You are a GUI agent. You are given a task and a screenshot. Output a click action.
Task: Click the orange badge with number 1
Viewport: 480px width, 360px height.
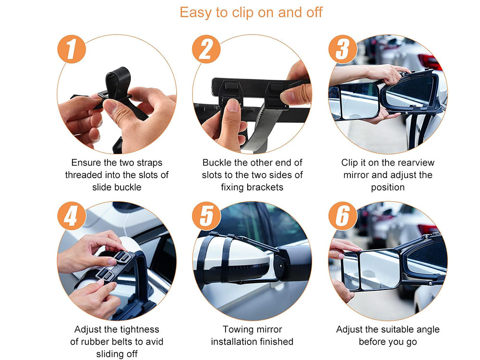click(x=72, y=49)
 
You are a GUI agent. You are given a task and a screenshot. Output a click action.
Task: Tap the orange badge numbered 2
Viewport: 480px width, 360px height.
click(x=206, y=49)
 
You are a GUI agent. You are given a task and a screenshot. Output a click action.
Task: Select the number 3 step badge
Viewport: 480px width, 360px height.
click(x=343, y=49)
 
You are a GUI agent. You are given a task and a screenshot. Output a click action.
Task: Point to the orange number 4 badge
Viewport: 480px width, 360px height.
click(x=72, y=216)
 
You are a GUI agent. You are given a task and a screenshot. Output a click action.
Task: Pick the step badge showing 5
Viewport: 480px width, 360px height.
click(x=206, y=216)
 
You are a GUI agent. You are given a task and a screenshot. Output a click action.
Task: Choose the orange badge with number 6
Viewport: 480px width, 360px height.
click(x=343, y=216)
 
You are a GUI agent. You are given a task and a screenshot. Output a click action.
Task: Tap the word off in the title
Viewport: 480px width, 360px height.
click(x=313, y=12)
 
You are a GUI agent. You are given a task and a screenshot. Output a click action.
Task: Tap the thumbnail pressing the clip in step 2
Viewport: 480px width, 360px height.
click(x=233, y=105)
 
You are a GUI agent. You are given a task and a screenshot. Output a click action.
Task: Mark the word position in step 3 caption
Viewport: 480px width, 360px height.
click(x=388, y=187)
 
